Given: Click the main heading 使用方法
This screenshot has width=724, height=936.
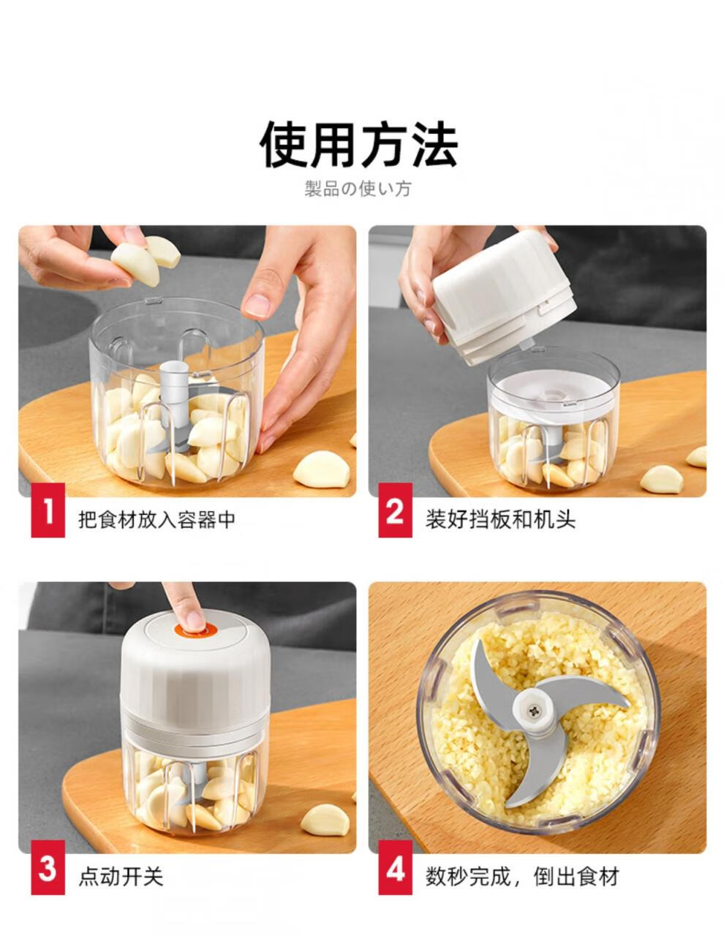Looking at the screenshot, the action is point(358,144).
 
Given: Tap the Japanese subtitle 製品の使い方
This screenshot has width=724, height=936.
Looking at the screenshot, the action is point(358,189).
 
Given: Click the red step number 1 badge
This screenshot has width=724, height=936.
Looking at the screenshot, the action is point(48,510).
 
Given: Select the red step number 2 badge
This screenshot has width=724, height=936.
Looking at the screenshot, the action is point(395,510).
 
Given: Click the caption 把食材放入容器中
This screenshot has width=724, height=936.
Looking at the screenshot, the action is point(157,519).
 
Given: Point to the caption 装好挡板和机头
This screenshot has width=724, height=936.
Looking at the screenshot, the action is point(500,519).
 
